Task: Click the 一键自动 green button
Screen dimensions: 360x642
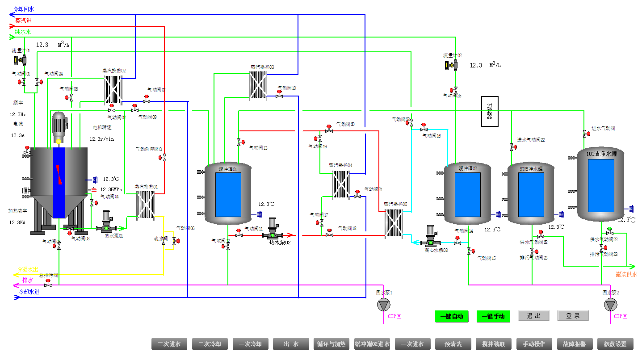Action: (451, 316)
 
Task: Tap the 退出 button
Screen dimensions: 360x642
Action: (533, 316)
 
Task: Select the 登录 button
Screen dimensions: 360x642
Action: (573, 316)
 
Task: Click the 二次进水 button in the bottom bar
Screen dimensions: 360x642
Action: (169, 344)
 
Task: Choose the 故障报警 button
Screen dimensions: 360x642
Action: (575, 344)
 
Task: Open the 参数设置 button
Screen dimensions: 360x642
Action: (615, 344)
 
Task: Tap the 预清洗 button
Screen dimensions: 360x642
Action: (453, 344)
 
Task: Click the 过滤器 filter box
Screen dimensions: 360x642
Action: (490, 111)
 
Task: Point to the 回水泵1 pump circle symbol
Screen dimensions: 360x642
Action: (383, 305)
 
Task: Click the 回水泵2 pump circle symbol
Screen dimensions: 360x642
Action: (610, 305)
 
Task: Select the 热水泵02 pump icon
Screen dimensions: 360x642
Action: (273, 230)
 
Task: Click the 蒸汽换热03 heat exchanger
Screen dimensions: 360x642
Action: (258, 84)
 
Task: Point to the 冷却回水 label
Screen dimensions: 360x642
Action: (24, 9)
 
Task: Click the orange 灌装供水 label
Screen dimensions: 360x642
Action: (626, 274)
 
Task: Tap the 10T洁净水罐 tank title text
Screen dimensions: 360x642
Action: (601, 154)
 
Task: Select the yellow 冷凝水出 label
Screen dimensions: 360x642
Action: (28, 269)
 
